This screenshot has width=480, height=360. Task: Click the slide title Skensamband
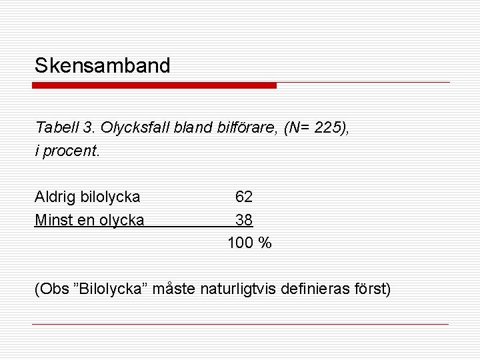103,65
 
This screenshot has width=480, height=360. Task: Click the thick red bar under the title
155,85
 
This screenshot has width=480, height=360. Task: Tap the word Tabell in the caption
55,127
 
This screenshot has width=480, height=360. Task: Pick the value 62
243,197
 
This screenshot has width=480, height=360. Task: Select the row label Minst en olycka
89,219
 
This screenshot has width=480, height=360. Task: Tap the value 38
243,219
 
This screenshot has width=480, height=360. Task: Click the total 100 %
249,243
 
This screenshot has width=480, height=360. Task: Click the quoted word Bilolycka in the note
117,289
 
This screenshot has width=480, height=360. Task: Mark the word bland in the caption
186,127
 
